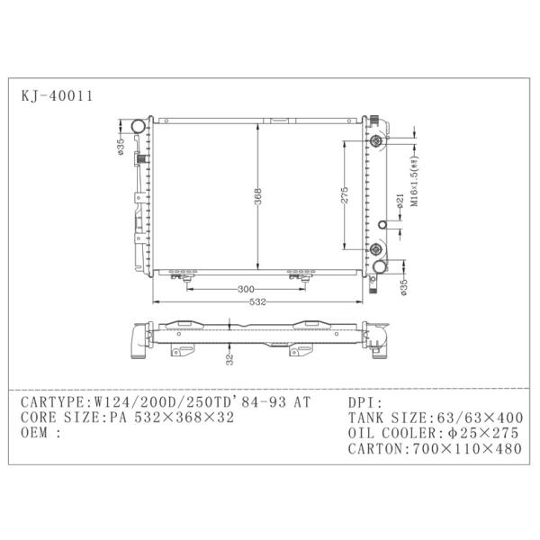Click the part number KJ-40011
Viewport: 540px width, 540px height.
click(55, 94)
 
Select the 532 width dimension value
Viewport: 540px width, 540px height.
click(258, 301)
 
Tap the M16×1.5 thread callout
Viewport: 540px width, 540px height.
click(416, 184)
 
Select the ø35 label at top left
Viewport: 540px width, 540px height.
click(120, 146)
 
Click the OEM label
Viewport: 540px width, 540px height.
click(36, 433)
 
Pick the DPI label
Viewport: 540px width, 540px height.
click(362, 402)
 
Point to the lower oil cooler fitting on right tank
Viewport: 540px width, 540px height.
click(376, 250)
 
